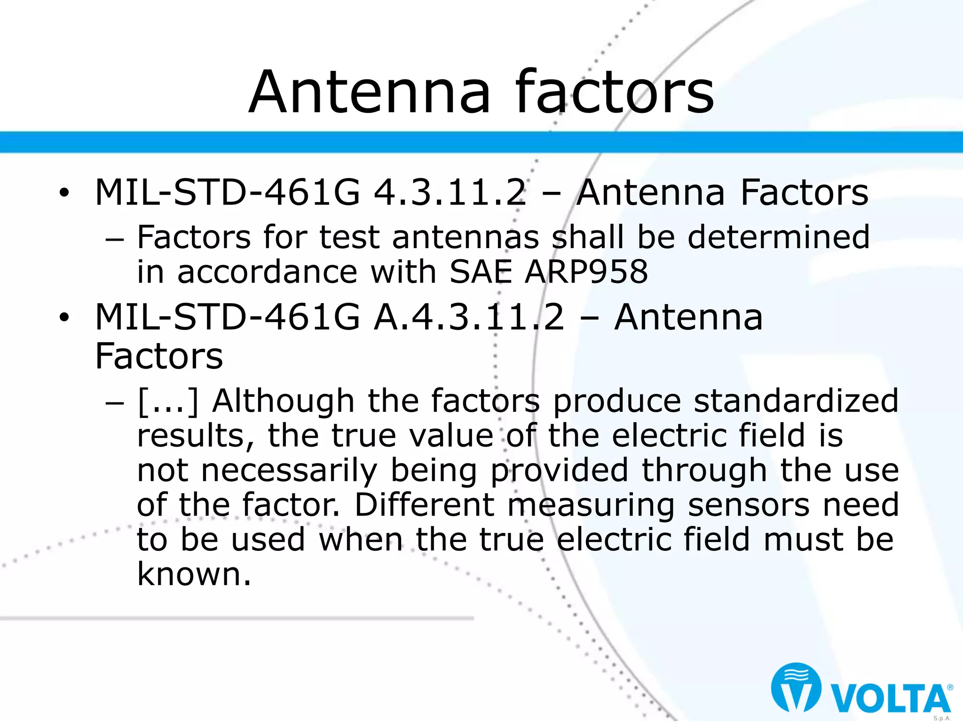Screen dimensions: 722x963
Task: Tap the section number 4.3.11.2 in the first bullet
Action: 450,192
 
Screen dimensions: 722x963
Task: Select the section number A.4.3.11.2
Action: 469,317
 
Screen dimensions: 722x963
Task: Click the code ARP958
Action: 586,272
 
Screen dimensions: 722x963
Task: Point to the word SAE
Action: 481,272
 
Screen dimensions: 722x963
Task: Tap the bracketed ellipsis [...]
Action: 168,401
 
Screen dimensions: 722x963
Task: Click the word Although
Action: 283,401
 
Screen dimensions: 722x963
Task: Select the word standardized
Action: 796,401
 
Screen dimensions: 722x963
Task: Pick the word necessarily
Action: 289,470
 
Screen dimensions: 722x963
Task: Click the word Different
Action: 424,505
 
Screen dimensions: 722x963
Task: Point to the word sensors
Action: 749,505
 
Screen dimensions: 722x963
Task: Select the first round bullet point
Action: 64,193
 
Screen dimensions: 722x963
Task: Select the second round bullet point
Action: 64,317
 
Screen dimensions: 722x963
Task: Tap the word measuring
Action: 591,505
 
